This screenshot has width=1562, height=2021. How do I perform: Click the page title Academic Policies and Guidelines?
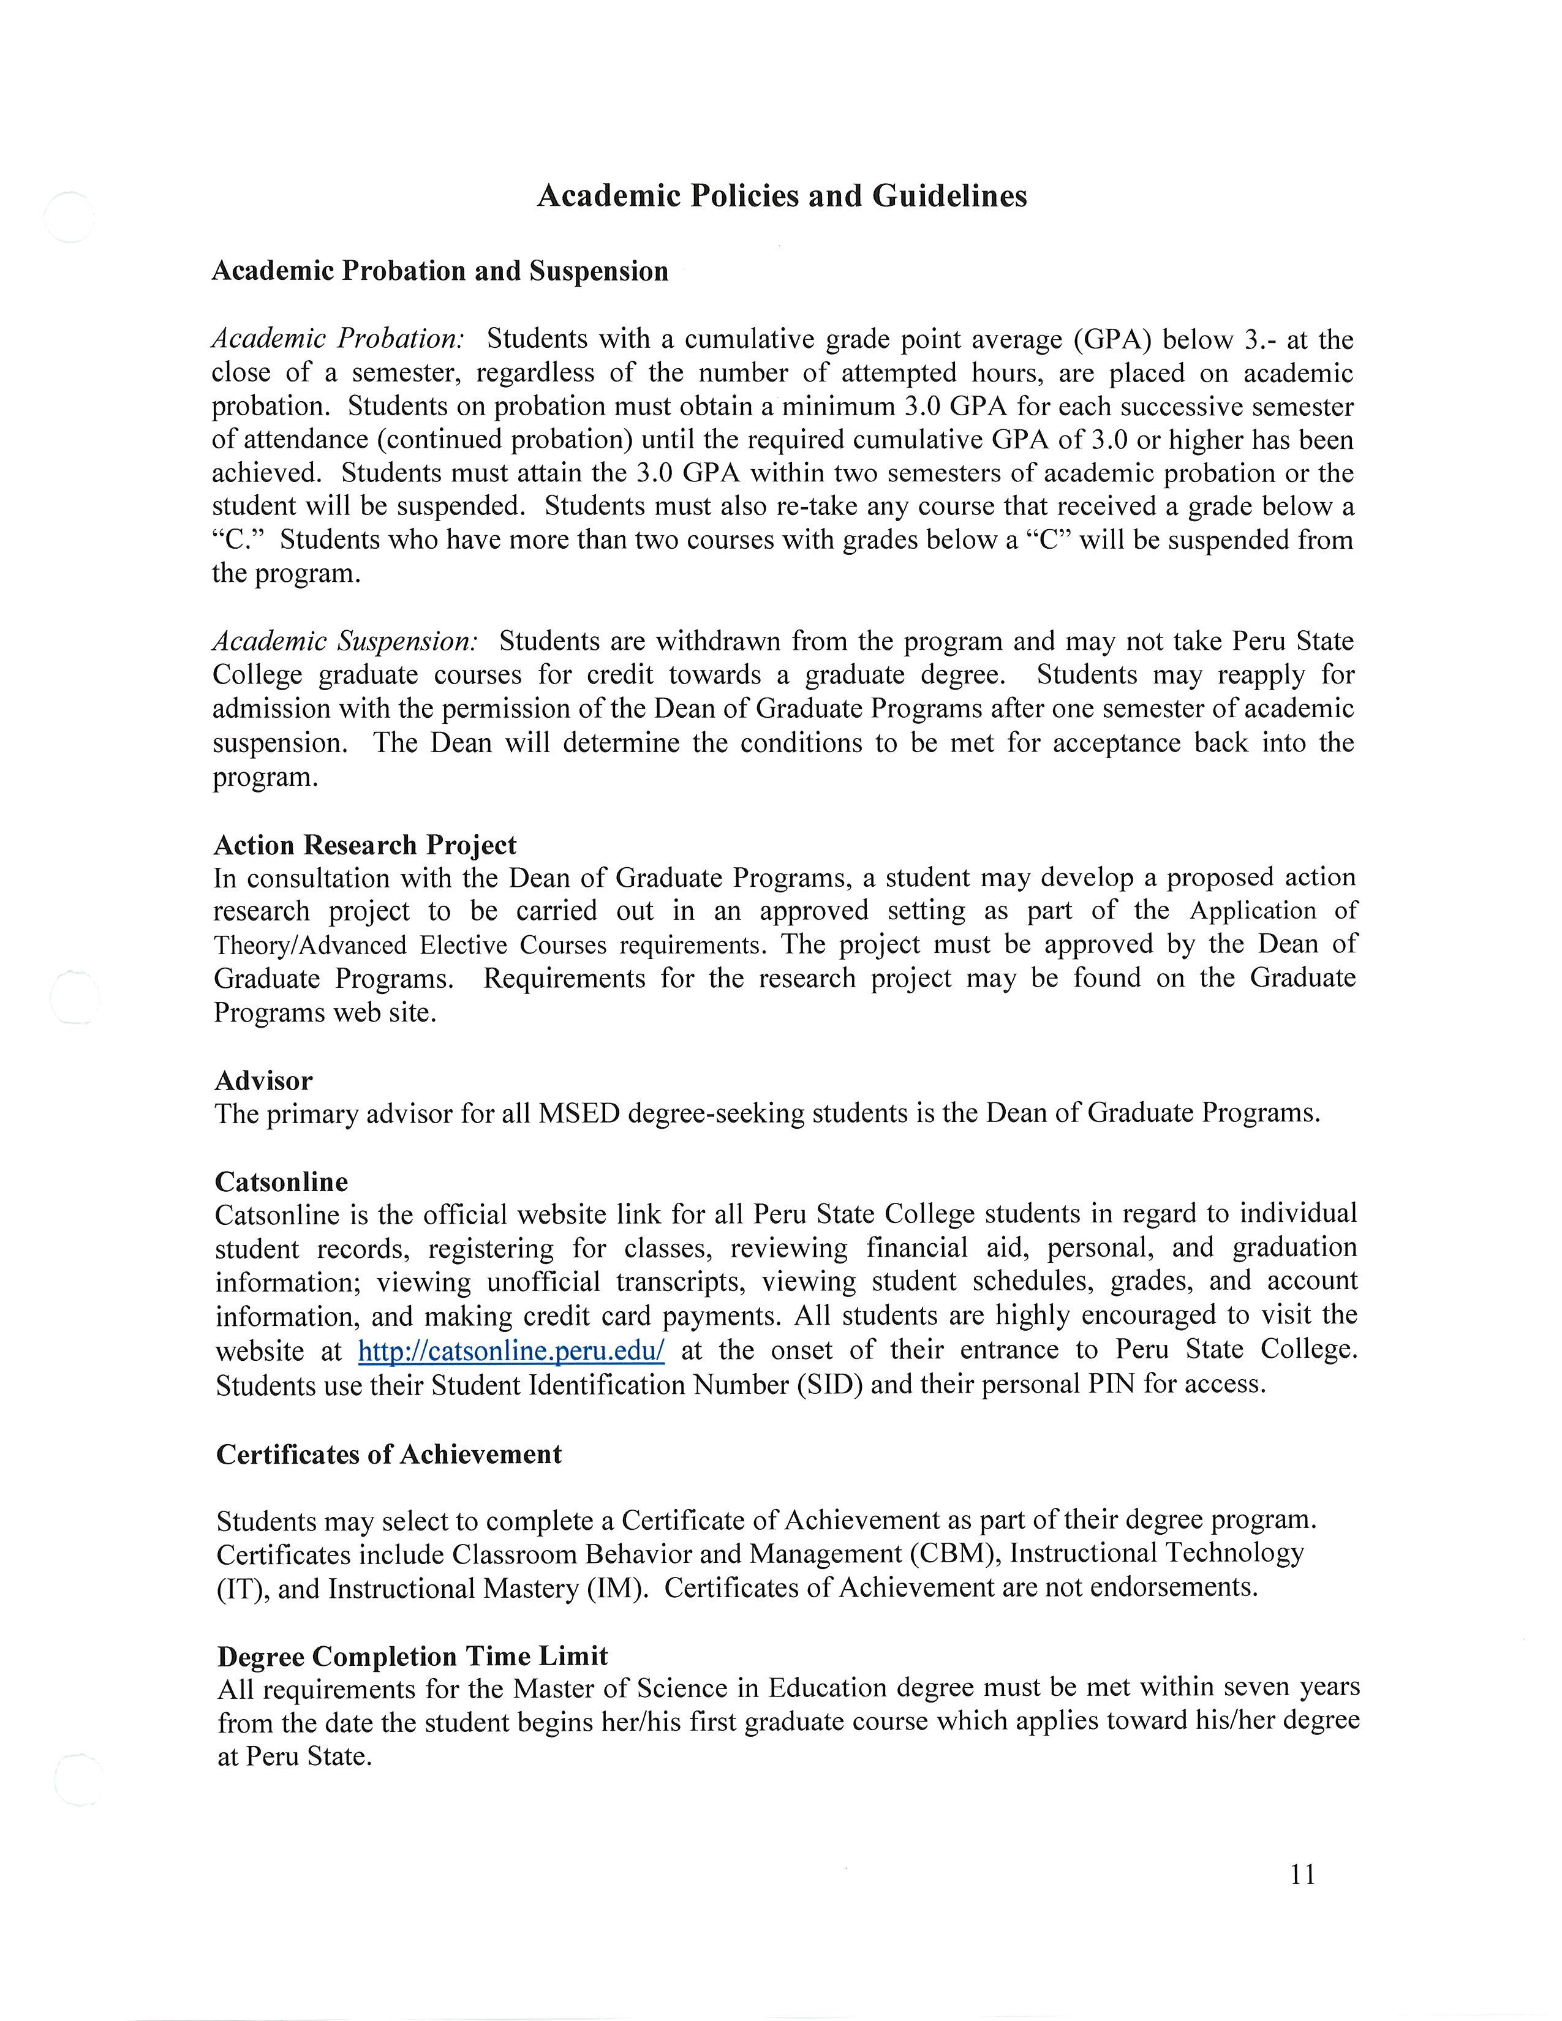782,196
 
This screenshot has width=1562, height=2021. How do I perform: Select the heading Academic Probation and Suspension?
440,271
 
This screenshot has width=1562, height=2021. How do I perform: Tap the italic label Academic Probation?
338,339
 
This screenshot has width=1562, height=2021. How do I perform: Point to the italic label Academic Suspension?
344,641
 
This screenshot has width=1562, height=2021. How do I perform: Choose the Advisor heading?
264,1081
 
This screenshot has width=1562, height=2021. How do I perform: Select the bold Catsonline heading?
281,1182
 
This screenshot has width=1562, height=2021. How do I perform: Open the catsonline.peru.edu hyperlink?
511,1351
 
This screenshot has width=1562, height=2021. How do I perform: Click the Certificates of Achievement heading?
388,1455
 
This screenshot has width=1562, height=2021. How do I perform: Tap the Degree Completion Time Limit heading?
413,1657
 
